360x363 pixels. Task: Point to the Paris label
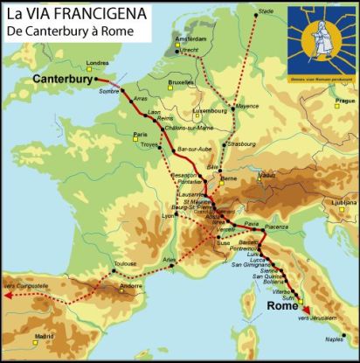140,135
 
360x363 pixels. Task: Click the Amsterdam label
190,40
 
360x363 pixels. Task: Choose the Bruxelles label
180,81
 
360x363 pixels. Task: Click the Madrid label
44,336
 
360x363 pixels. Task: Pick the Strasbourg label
240,143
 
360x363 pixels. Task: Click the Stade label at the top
267,10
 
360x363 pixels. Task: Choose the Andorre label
130,285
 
